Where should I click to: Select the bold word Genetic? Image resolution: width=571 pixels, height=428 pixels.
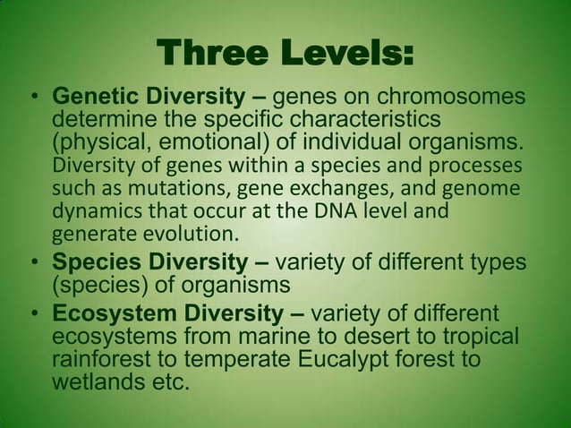coord(93,96)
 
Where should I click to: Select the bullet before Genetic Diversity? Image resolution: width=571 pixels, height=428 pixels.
coord(34,98)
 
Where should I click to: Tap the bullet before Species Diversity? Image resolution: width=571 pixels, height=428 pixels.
coord(34,263)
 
